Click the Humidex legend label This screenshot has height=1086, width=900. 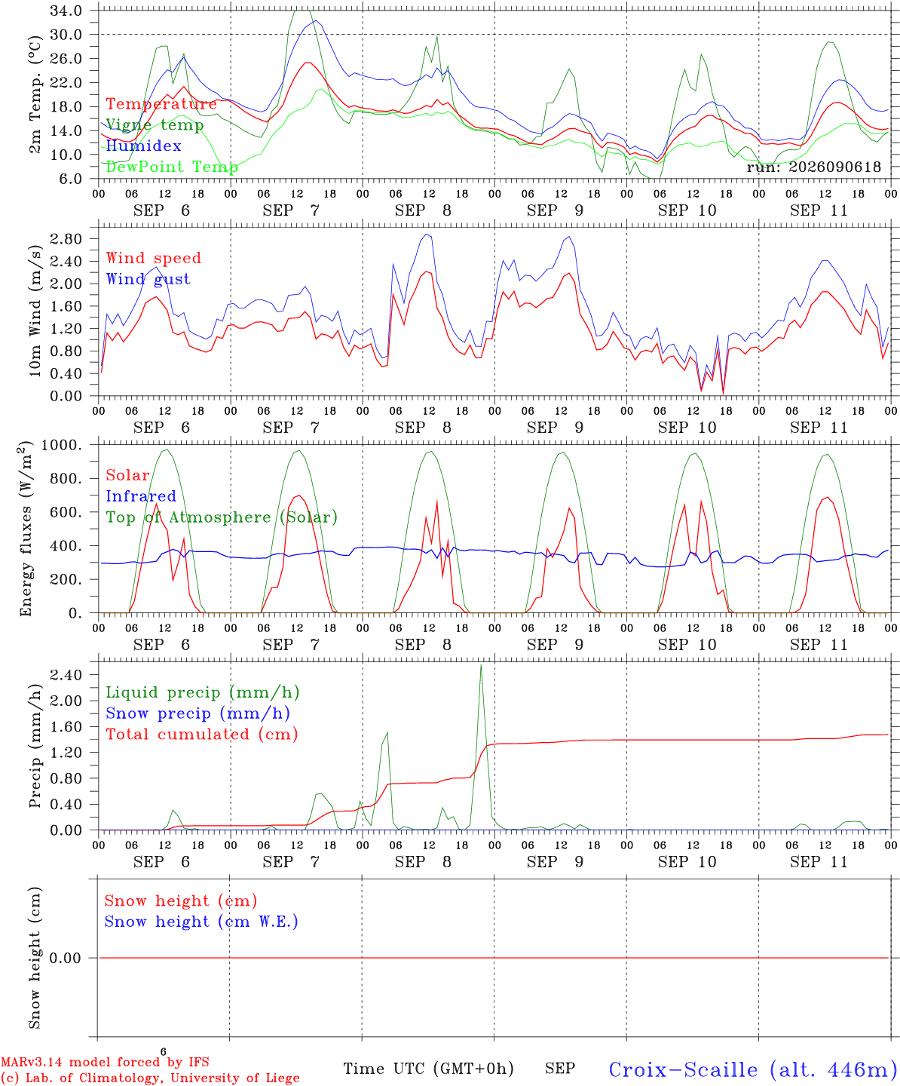(143, 146)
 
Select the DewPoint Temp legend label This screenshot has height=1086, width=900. (172, 167)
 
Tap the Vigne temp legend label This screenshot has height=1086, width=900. (155, 125)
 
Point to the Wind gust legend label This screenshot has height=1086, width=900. (148, 279)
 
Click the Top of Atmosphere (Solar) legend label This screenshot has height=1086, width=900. (222, 517)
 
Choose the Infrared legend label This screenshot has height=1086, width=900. (141, 495)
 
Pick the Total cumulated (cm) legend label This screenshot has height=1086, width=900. (202, 734)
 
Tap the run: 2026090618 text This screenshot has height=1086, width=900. (813, 167)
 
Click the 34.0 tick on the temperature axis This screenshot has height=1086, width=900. (66, 11)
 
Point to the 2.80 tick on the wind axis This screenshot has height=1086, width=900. (66, 239)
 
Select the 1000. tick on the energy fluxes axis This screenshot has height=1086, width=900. (62, 445)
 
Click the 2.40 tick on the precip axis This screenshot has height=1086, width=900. (66, 674)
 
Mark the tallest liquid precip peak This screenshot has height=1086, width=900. (481, 665)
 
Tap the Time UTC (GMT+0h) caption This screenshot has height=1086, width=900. (428, 1069)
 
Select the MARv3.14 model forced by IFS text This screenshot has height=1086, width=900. (105, 1062)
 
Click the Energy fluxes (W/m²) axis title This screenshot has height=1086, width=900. (26, 529)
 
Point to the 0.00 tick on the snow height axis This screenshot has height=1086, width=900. (65, 958)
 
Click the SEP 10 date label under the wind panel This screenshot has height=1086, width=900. (687, 427)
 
